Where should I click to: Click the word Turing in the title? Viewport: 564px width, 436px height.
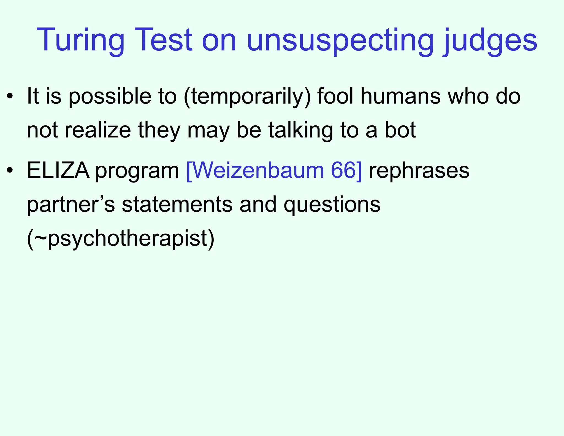[80, 40]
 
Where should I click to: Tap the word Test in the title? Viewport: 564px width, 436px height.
[163, 40]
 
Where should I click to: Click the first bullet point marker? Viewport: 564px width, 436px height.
[10, 97]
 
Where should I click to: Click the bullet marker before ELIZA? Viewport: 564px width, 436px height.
[10, 171]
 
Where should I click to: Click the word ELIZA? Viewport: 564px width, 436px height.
[58, 171]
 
